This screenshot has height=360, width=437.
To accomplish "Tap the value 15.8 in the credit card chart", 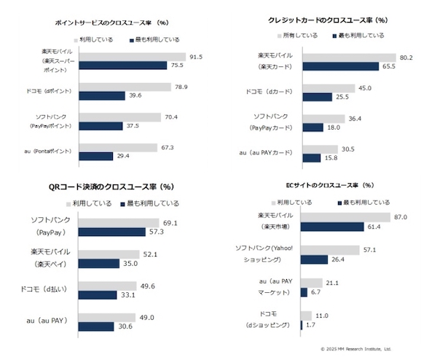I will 331,157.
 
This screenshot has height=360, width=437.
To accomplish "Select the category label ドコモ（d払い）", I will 41,289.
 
